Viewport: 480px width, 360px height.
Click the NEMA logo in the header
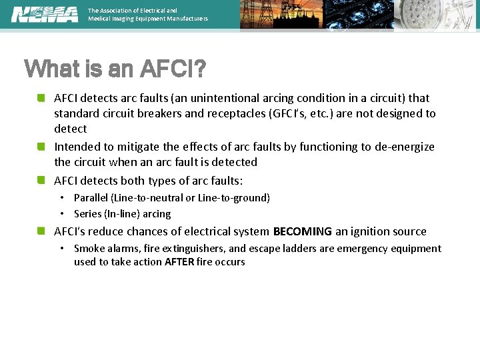(x=45, y=14)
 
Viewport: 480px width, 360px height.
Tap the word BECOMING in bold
(x=303, y=232)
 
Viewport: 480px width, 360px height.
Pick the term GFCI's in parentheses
(x=289, y=113)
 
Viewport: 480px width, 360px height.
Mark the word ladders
(x=300, y=249)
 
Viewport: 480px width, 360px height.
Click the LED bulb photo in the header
(x=436, y=15)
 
